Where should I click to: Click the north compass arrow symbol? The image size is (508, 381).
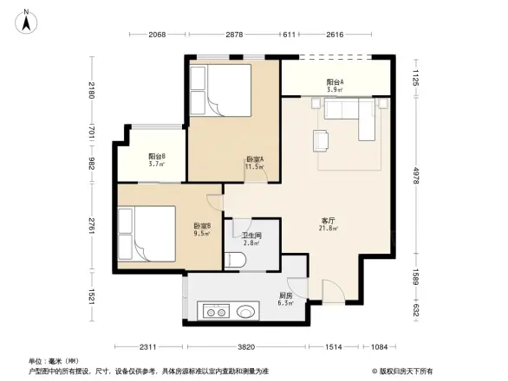tap(27, 20)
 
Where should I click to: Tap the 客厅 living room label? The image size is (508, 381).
tap(329, 222)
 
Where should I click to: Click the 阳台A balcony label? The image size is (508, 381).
tap(335, 85)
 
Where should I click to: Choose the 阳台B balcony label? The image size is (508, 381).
tap(156, 159)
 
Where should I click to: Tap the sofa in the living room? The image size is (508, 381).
tap(351, 116)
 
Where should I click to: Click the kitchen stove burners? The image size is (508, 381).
tap(217, 311)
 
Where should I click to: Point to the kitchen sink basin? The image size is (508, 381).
tap(246, 311)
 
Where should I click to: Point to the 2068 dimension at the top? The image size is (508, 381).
tap(156, 35)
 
